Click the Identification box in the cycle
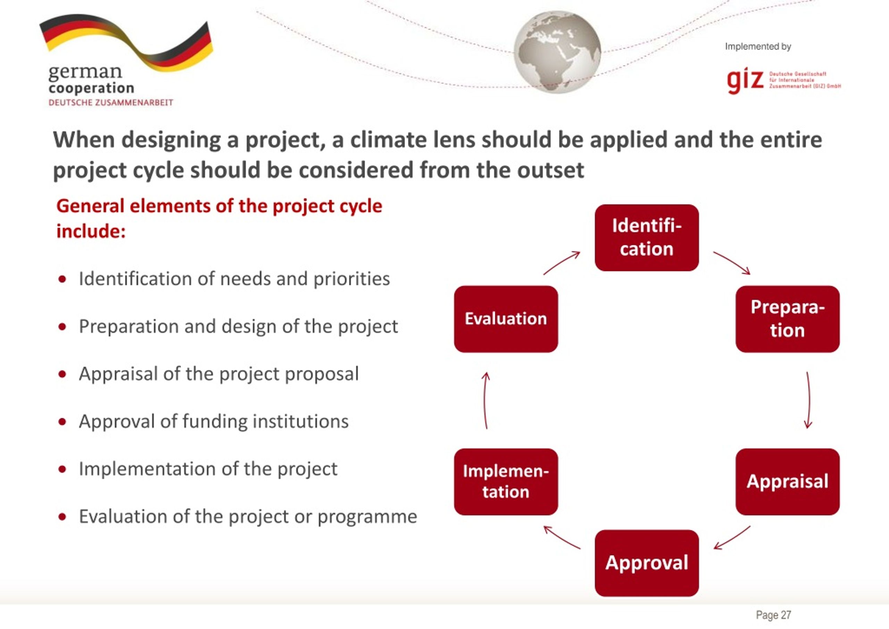coord(647,238)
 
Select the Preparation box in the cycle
coord(787,319)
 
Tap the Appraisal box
coord(787,482)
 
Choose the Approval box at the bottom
coord(647,563)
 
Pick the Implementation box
coord(506,482)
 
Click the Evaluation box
coord(506,319)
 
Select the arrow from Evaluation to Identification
coord(562,262)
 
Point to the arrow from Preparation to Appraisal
coord(808,400)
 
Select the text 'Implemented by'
coord(758,47)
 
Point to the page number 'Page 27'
coord(773,615)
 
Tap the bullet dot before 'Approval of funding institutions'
coord(62,422)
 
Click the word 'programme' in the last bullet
coord(367,517)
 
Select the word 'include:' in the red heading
coord(91,231)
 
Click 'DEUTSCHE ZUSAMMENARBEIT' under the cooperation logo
coord(111,103)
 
